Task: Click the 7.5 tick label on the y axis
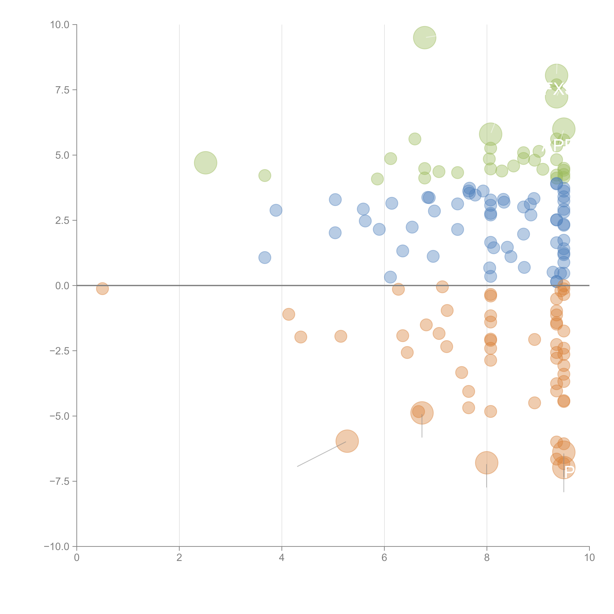[x=62, y=90]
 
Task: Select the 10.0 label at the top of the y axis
[x=60, y=25]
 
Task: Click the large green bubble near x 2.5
[x=205, y=163]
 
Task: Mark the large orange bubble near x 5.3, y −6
[x=347, y=441]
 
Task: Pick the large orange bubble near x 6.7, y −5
[x=422, y=413]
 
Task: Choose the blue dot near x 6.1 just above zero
[x=390, y=277]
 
